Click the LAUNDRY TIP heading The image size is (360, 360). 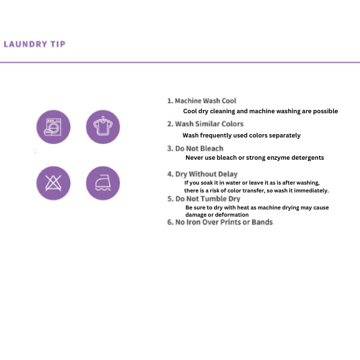[x=35, y=44]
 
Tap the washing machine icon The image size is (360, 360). [x=54, y=127]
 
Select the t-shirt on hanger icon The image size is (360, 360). [x=103, y=127]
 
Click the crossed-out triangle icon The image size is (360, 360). [x=54, y=183]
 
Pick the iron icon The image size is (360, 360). [x=103, y=183]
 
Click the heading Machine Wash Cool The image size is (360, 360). [x=202, y=101]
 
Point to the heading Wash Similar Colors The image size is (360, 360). [x=206, y=124]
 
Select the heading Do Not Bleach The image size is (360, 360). [x=195, y=149]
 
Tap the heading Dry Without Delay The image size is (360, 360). [x=202, y=174]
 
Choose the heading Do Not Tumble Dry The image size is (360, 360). [x=204, y=199]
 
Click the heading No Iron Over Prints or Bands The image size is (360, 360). [x=220, y=223]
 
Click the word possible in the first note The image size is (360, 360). [x=325, y=111]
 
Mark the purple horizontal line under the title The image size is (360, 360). [x=180, y=62]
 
